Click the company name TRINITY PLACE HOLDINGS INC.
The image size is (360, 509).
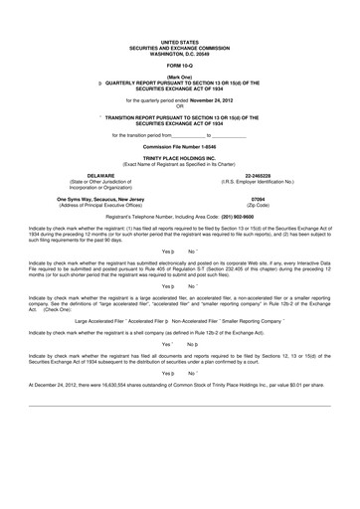coord(180,158)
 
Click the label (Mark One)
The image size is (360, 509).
coord(180,76)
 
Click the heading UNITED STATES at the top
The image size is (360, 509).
coord(180,42)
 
